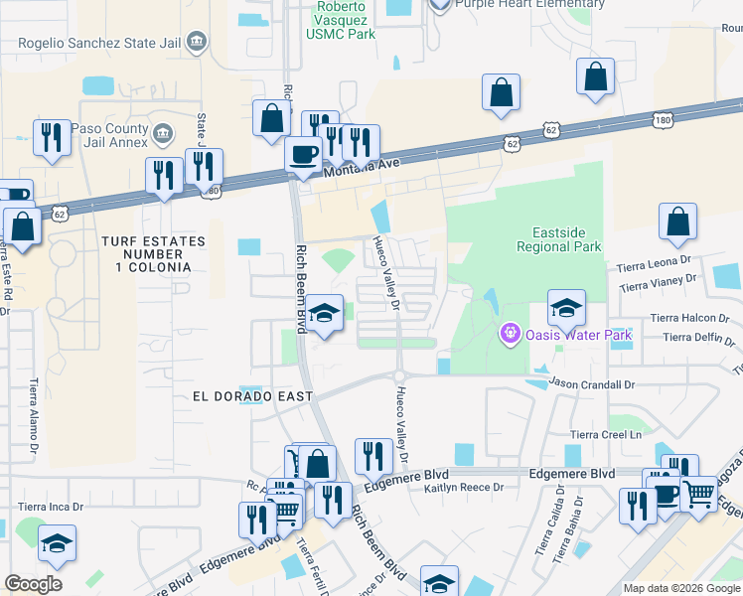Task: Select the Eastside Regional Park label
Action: click(558, 238)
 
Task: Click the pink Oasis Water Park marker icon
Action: click(511, 334)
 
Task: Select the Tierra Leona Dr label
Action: click(652, 264)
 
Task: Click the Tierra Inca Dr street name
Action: click(51, 507)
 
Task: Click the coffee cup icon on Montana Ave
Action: click(303, 154)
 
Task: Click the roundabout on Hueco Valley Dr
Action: click(398, 375)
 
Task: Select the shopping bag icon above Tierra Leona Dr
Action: click(677, 223)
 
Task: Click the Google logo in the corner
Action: click(33, 584)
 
